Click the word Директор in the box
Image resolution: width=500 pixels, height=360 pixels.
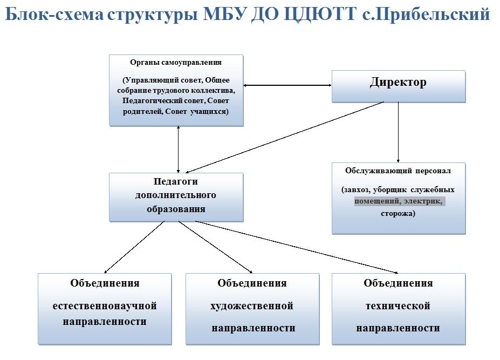pos(398,83)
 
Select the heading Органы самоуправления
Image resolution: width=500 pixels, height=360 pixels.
pos(176,63)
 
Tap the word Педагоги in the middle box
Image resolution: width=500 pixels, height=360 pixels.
pos(176,181)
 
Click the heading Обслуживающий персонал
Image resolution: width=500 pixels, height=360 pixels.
pos(398,171)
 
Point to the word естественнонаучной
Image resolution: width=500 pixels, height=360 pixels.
pos(105,305)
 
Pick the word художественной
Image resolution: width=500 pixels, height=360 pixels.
pos(252,305)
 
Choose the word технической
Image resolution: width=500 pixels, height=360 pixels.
pos(398,305)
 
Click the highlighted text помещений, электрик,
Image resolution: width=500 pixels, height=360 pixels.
pos(399,201)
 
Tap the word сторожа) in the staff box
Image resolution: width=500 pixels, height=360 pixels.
pos(398,213)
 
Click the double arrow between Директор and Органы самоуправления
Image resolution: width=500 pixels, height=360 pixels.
pos(287,85)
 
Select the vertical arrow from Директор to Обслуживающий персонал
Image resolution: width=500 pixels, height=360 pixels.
pos(398,132)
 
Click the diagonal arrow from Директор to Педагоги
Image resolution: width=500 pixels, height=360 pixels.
pos(284,138)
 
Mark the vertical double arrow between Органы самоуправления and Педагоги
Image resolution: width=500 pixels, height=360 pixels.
pos(178,150)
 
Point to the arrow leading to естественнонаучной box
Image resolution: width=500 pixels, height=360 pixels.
pos(134,247)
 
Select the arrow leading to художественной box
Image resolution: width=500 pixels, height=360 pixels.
pos(216,247)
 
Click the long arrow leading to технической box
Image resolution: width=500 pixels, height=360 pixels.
pos(297,247)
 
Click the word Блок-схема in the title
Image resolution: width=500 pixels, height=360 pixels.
pos(54,15)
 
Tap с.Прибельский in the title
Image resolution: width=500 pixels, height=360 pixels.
pos(426,15)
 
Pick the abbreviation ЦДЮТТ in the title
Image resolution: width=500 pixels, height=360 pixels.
pos(320,15)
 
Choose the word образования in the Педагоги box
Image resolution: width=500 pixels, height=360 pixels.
pos(176,209)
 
